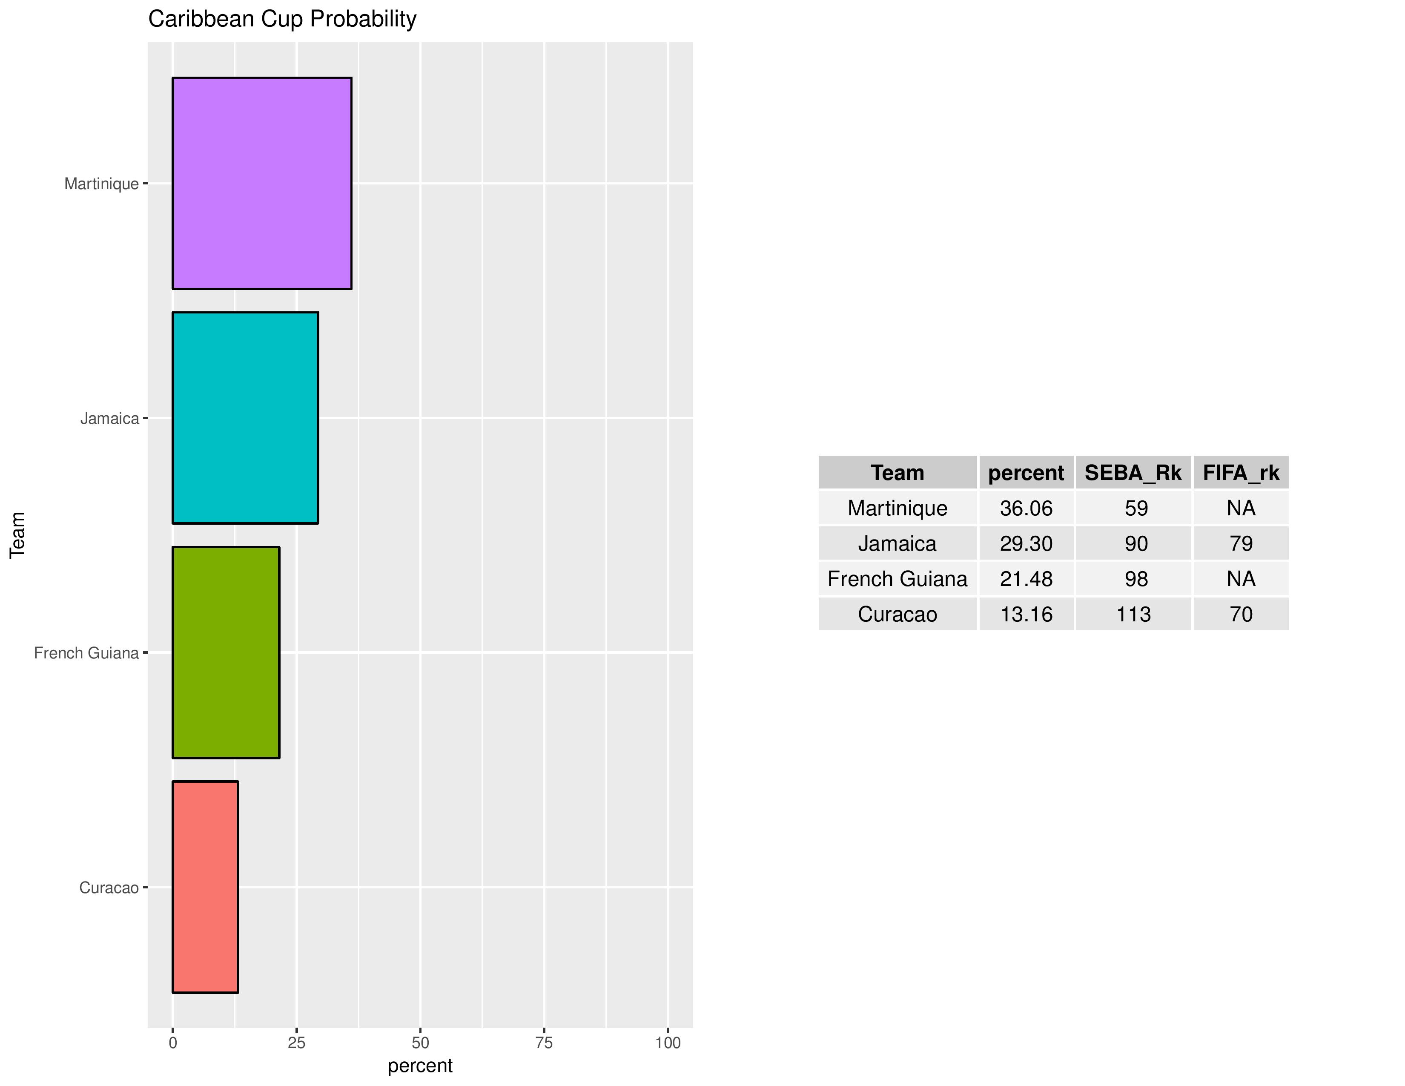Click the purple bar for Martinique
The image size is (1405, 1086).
[262, 184]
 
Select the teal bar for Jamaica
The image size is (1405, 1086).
[245, 418]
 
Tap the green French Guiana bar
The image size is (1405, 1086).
[226, 652]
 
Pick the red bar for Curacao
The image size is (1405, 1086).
[205, 887]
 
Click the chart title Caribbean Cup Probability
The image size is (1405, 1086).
[282, 19]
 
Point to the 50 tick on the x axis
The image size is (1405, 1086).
[420, 1043]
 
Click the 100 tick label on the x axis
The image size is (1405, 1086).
[668, 1043]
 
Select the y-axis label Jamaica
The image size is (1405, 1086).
[109, 419]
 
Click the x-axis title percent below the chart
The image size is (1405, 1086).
[420, 1066]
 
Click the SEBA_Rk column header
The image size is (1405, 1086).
[1133, 473]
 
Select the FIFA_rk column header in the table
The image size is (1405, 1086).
[1241, 473]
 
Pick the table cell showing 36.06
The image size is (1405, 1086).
[1026, 508]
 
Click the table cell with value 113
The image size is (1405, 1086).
[1133, 615]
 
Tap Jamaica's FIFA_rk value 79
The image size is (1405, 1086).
[1241, 544]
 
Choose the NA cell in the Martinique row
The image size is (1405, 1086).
[1241, 508]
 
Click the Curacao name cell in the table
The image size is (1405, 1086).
[897, 615]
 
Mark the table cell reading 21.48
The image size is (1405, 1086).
[1026, 579]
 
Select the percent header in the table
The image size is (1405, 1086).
[1026, 473]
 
